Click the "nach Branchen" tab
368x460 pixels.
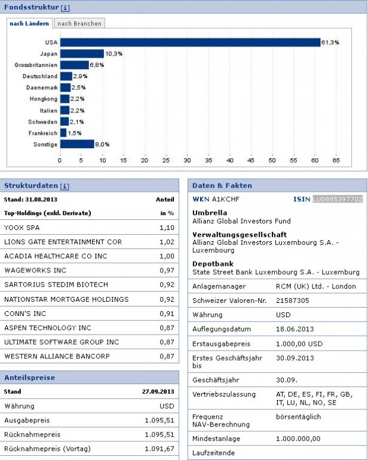(79, 23)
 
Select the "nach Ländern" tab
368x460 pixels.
(29, 23)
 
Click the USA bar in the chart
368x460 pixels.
(190, 42)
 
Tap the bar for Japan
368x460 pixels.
(82, 54)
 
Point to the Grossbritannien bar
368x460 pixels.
(74, 65)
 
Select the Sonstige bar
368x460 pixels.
(77, 144)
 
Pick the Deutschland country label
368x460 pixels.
(40, 76)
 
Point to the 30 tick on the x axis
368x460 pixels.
(187, 160)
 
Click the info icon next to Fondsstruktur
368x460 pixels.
(66, 8)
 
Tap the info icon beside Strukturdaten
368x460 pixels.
(65, 186)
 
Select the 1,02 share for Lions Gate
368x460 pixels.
(167, 242)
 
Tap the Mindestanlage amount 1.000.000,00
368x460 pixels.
(298, 438)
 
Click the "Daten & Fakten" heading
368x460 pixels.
(222, 186)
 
